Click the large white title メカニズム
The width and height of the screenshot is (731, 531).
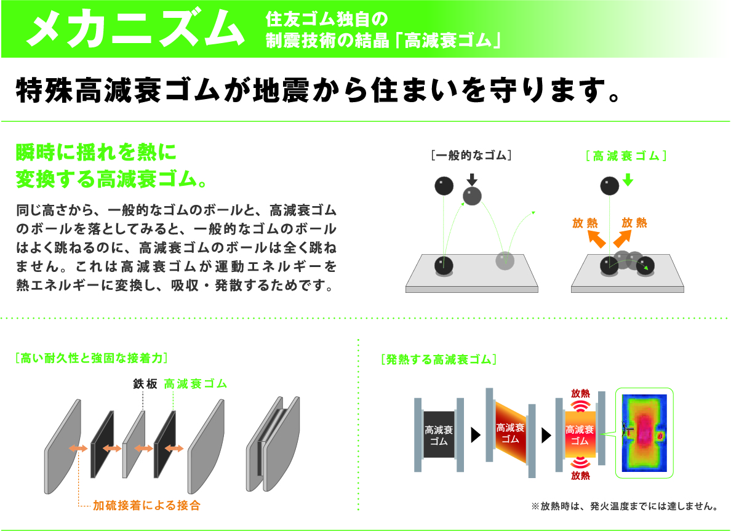pyautogui.click(x=135, y=28)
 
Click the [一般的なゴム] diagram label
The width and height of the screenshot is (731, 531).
pyautogui.click(x=471, y=155)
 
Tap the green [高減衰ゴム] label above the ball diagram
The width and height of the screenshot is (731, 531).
pyautogui.click(x=626, y=156)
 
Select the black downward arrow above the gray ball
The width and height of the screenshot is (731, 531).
pyautogui.click(x=473, y=180)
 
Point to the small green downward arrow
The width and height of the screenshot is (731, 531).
pyautogui.click(x=628, y=180)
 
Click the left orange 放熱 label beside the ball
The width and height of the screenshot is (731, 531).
pyautogui.click(x=585, y=223)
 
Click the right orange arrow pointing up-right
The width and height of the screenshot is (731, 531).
pyautogui.click(x=622, y=238)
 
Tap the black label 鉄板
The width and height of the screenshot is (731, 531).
pyautogui.click(x=145, y=384)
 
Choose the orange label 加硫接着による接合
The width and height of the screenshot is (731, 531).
pyautogui.click(x=146, y=505)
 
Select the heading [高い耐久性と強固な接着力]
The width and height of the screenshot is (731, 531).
pyautogui.click(x=91, y=358)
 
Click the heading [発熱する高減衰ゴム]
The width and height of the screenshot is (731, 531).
pyautogui.click(x=439, y=359)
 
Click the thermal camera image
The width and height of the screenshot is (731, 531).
pyautogui.click(x=645, y=433)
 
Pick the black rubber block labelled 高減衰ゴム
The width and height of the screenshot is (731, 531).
pyautogui.click(x=439, y=434)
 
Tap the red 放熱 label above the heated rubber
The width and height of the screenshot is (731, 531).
pyautogui.click(x=580, y=393)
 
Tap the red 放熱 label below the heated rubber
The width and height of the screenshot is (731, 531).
pyautogui.click(x=580, y=476)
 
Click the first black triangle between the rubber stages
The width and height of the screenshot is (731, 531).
pyautogui.click(x=476, y=435)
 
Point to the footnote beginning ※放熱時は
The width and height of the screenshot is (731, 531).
pyautogui.click(x=625, y=506)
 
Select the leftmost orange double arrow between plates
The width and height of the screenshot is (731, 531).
pyautogui.click(x=78, y=449)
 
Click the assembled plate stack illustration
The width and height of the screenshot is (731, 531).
pyautogui.click(x=273, y=444)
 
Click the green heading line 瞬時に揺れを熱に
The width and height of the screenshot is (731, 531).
pyautogui.click(x=96, y=153)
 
